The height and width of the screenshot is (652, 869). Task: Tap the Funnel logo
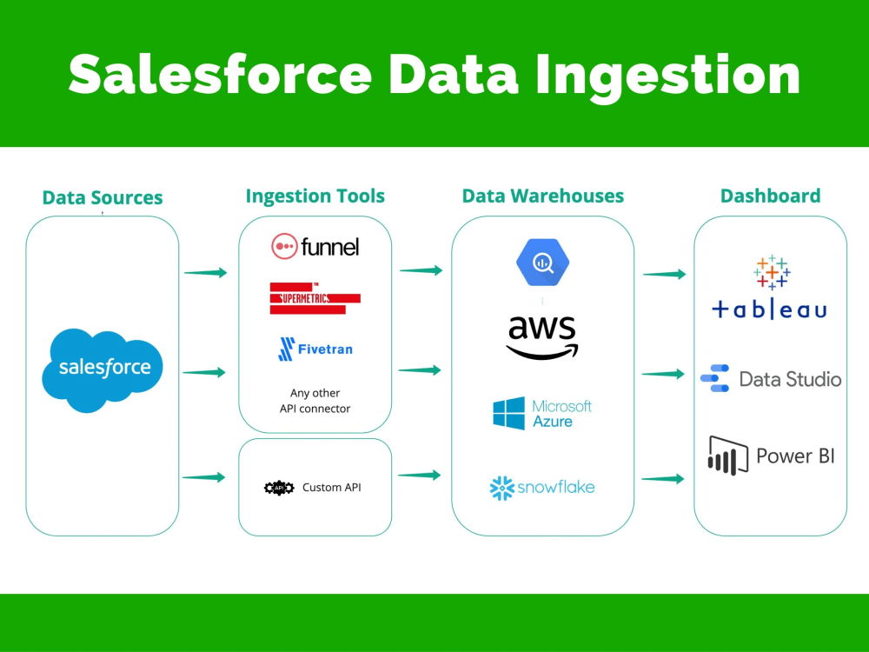pyautogui.click(x=315, y=246)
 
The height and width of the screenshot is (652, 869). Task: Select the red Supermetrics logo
pyautogui.click(x=315, y=298)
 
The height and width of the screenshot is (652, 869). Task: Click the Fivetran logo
pyautogui.click(x=315, y=349)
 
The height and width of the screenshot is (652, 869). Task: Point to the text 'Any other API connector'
pyautogui.click(x=315, y=401)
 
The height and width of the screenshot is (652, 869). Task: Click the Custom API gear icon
pyautogui.click(x=279, y=488)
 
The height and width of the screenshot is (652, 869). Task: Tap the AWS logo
pyautogui.click(x=542, y=336)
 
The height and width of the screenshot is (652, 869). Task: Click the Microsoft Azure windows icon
pyautogui.click(x=508, y=414)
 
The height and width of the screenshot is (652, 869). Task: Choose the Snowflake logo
pyautogui.click(x=542, y=488)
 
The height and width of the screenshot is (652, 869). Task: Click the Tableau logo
pyautogui.click(x=770, y=287)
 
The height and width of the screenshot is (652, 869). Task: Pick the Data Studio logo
pyautogui.click(x=770, y=379)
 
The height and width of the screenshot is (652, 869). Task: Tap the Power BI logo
pyautogui.click(x=770, y=456)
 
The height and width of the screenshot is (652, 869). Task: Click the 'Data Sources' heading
pyautogui.click(x=103, y=197)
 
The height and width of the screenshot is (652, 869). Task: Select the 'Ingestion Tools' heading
pyautogui.click(x=315, y=196)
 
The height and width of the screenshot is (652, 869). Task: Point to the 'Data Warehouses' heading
pyautogui.click(x=542, y=196)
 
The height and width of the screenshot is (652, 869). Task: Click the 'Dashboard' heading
pyautogui.click(x=770, y=196)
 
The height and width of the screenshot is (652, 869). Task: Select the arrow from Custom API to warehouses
pyautogui.click(x=421, y=475)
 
